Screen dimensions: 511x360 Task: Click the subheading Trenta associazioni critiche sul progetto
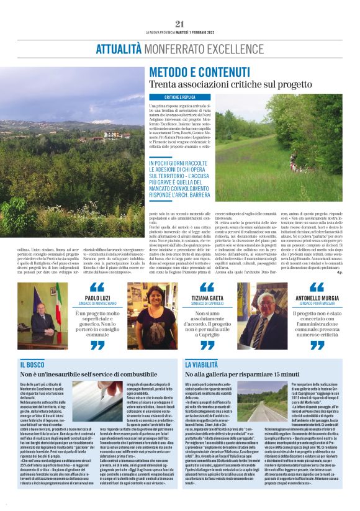(215, 84)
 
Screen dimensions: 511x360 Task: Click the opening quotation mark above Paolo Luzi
(97, 287)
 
